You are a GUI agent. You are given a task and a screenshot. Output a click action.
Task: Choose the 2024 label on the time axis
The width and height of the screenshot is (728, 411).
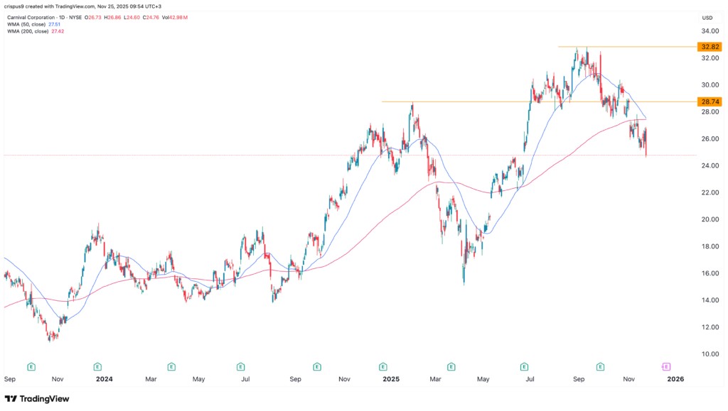(105, 379)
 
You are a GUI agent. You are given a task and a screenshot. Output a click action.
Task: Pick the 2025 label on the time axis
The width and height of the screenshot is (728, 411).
(390, 379)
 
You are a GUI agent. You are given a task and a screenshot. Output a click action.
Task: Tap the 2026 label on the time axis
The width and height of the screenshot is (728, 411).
(675, 379)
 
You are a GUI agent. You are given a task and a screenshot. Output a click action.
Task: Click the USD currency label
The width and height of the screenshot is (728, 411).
(707, 17)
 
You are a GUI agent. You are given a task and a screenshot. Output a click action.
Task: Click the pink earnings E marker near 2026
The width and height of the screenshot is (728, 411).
(666, 366)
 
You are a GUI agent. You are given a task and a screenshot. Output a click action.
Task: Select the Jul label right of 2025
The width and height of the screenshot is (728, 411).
(530, 379)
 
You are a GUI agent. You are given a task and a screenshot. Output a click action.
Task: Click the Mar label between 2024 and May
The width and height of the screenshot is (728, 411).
(151, 379)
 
